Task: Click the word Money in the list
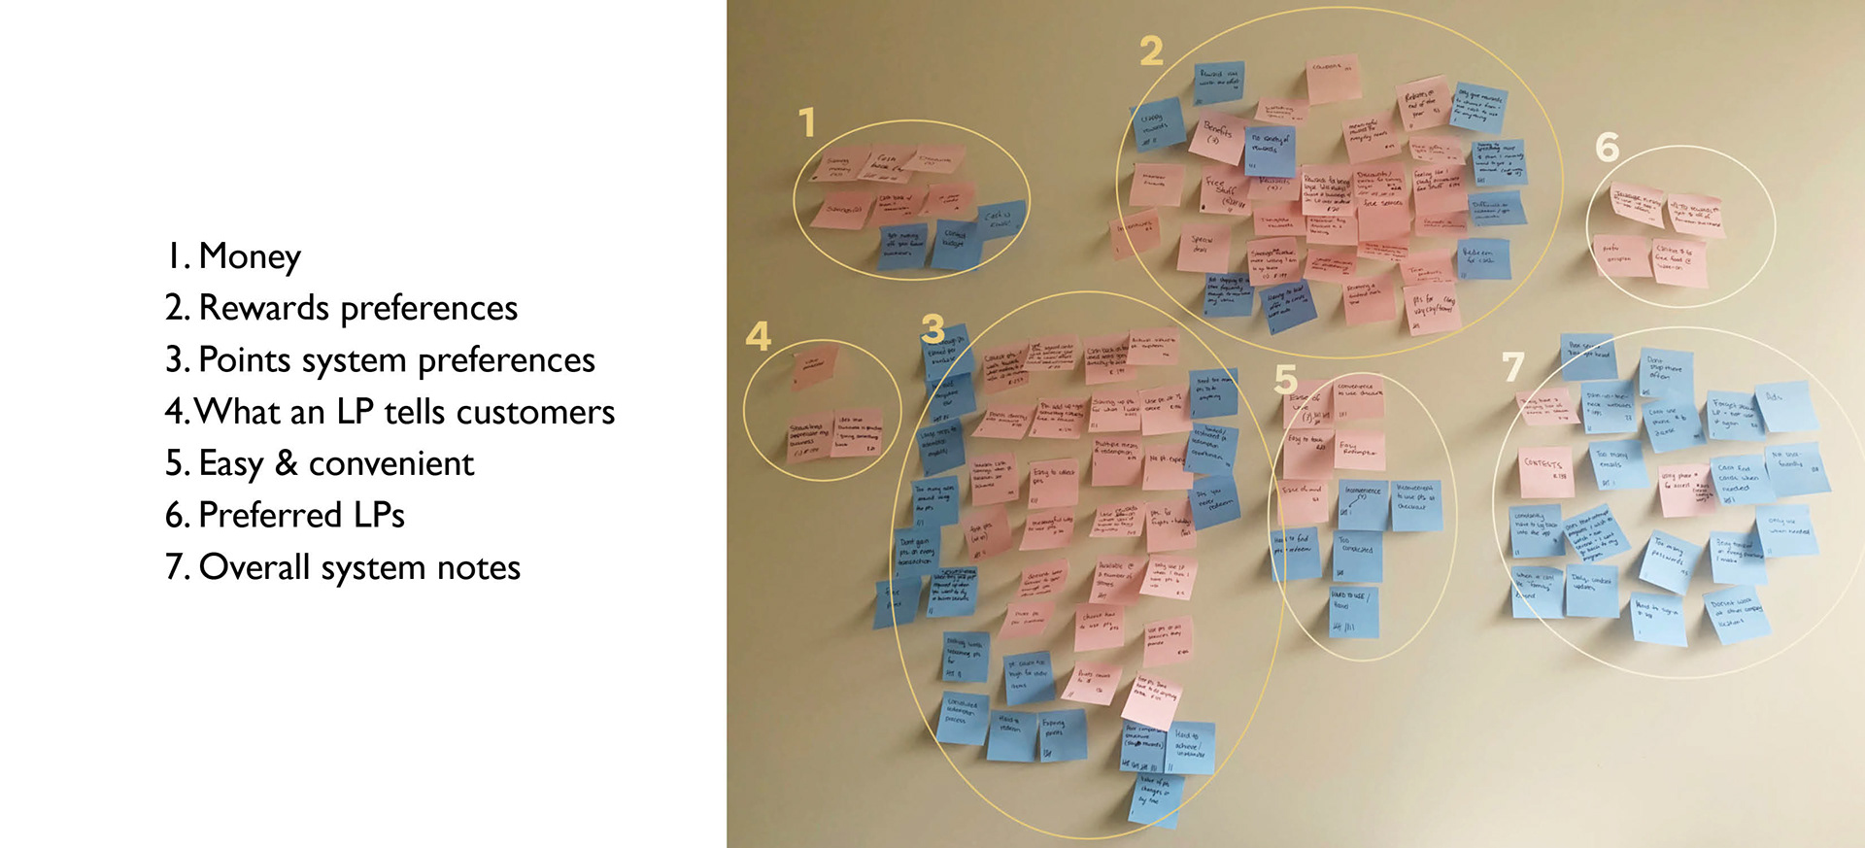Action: tap(250, 256)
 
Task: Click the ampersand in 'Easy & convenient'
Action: tap(286, 463)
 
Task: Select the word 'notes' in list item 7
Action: tap(478, 567)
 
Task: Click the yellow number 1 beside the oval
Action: tap(807, 123)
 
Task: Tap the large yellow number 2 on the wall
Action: tap(1151, 51)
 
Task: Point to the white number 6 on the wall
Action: tap(1608, 148)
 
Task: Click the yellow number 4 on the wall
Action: tap(758, 337)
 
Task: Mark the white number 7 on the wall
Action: tap(1513, 367)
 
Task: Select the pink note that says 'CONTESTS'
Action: tap(1543, 469)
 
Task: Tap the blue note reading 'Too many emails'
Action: tap(1614, 464)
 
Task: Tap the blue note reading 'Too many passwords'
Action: tap(1669, 560)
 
